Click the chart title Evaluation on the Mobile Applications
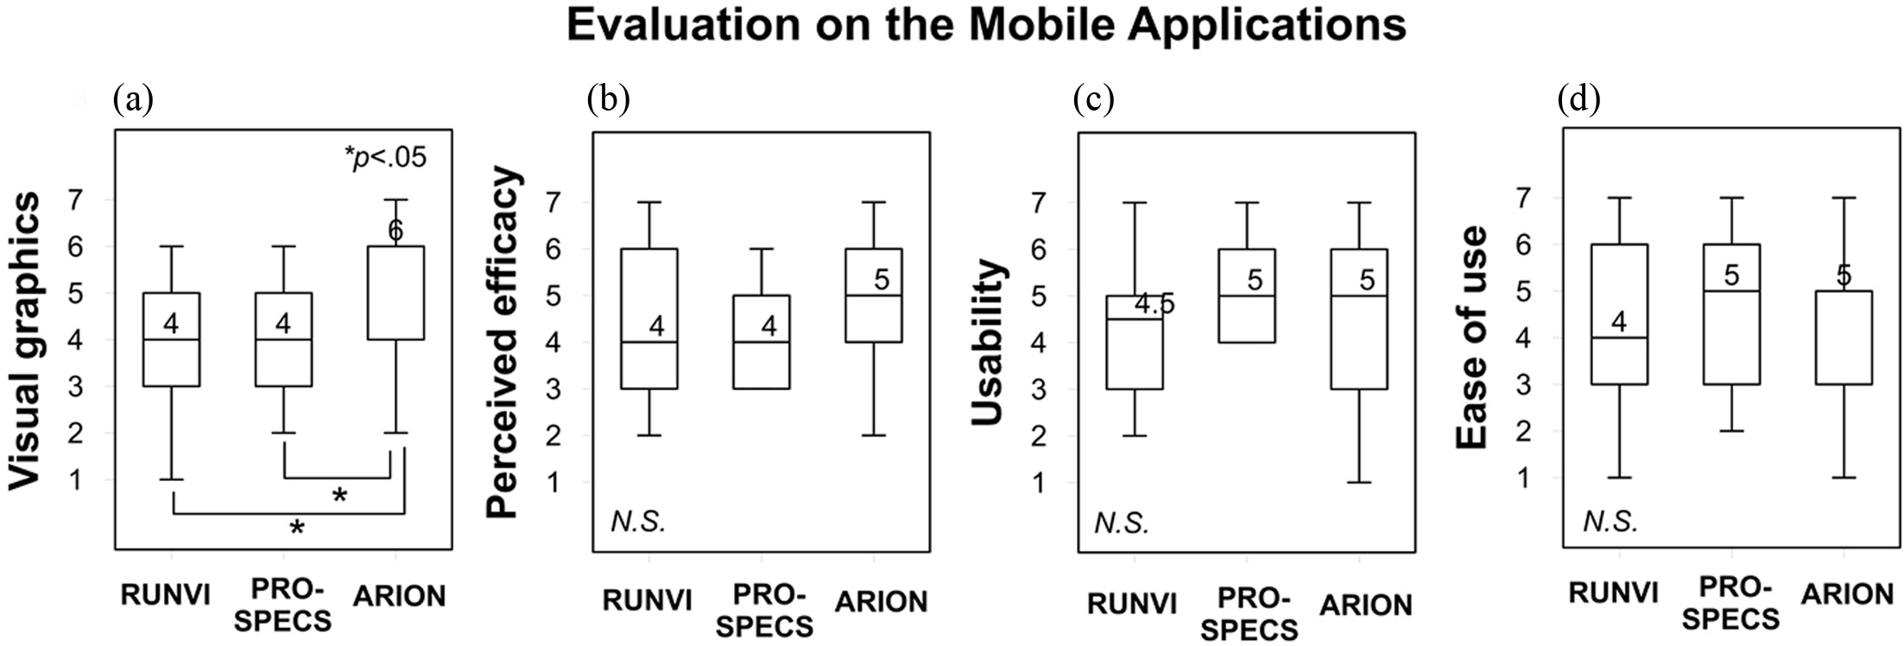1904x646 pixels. [x=986, y=26]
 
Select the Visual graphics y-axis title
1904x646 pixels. [x=26, y=341]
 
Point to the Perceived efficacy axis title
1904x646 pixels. [x=503, y=343]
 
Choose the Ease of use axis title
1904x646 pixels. [x=1472, y=338]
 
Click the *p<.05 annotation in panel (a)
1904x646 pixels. [x=385, y=158]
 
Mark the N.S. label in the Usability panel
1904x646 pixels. [x=1122, y=523]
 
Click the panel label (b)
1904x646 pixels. [x=608, y=100]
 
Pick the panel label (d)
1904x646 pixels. [x=1578, y=100]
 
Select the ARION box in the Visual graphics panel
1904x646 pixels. [x=395, y=293]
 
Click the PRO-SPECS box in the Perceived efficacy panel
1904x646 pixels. [x=762, y=342]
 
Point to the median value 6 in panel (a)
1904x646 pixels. [x=395, y=231]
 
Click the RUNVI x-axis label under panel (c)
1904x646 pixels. [x=1132, y=604]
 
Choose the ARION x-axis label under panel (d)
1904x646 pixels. [x=1847, y=594]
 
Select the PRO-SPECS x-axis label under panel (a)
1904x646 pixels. [x=283, y=605]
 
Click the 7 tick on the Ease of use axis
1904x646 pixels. [x=1524, y=199]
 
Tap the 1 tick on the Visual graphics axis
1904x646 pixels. [x=76, y=479]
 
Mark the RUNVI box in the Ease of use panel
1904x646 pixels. [x=1619, y=314]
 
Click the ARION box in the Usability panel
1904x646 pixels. [x=1359, y=320]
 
